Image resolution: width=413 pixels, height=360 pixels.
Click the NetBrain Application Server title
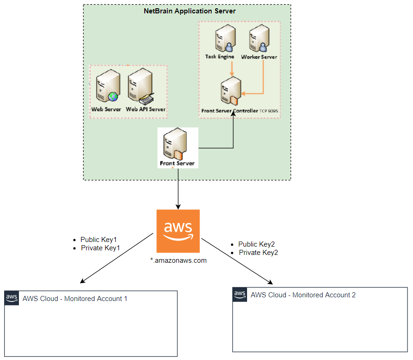pos(189,11)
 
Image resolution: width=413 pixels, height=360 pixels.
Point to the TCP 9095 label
pos(269,111)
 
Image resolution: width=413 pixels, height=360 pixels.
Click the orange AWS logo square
pos(178,231)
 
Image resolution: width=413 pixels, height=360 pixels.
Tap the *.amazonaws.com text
pos(178,260)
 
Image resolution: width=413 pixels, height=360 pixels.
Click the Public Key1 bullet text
pos(99,240)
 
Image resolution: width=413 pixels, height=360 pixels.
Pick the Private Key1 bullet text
pos(100,248)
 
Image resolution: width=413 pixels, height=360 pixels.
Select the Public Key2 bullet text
pos(256,244)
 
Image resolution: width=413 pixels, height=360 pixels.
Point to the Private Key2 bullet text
pos(258,253)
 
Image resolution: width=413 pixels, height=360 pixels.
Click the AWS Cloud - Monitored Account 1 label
pos(75,299)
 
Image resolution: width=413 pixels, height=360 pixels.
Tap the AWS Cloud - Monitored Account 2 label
pos(303,295)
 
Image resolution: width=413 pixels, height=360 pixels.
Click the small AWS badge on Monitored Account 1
pos(12,298)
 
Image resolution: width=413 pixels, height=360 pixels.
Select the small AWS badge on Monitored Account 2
pos(240,294)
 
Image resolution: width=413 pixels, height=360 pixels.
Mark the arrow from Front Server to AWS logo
pos(178,189)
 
